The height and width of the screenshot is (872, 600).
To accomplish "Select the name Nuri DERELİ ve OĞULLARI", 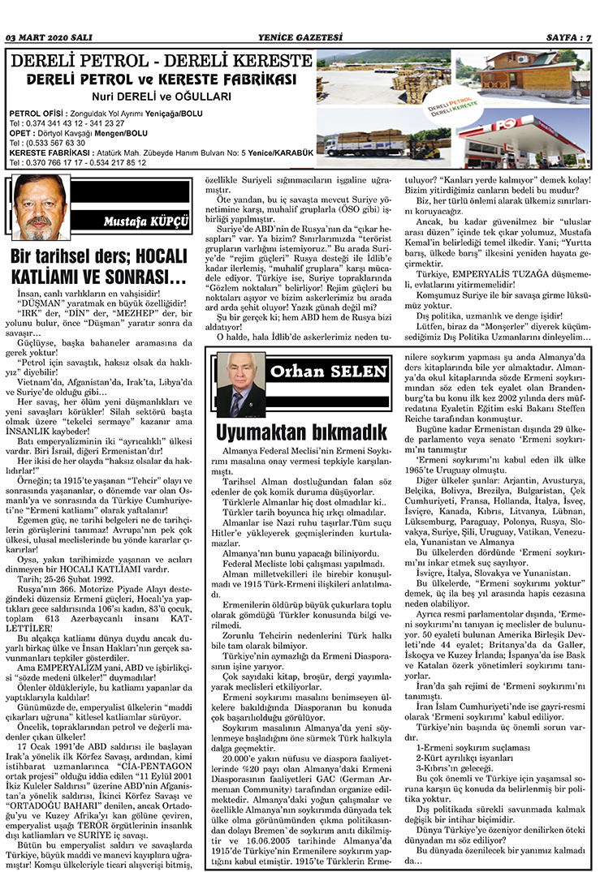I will click(159, 97).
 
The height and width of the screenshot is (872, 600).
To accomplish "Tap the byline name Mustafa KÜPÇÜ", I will click(140, 221).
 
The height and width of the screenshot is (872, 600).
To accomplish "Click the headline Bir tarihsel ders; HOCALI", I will click(101, 258).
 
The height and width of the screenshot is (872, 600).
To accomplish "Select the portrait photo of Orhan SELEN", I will click(241, 384).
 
